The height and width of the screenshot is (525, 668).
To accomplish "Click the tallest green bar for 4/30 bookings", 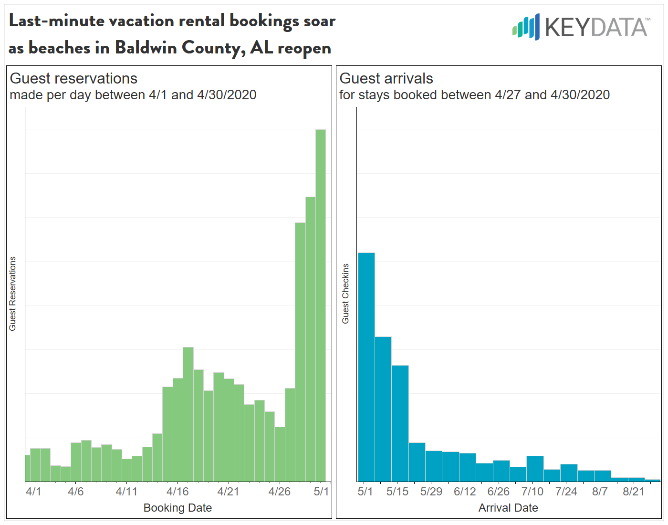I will [x=321, y=305].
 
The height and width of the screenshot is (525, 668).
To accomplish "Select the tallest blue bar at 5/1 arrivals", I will [x=366, y=367].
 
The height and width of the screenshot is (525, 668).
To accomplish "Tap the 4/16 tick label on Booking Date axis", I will [x=177, y=491].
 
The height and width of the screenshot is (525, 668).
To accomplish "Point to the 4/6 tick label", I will [x=76, y=491].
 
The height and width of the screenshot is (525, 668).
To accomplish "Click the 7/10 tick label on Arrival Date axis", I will [x=532, y=491].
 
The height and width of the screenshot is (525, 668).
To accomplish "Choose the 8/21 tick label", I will [x=633, y=491].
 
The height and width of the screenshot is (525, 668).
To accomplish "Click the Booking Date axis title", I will [x=177, y=508].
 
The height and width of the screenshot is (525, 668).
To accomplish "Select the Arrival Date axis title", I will [x=508, y=508].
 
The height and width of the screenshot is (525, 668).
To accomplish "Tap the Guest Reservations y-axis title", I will [x=12, y=294].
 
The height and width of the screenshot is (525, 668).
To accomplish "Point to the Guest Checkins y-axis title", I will [x=345, y=294].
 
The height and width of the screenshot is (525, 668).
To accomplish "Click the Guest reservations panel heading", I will [x=73, y=78].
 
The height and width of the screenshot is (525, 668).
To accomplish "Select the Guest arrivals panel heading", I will [x=386, y=78].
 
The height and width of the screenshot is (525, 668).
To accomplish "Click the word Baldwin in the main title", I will [x=146, y=48].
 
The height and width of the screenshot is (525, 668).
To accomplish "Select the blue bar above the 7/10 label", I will [x=535, y=469].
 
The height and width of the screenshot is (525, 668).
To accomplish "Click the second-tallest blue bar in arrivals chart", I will [x=383, y=409].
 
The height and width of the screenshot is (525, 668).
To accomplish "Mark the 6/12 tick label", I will [x=465, y=491].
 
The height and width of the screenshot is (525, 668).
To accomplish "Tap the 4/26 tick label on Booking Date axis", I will [x=279, y=491].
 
